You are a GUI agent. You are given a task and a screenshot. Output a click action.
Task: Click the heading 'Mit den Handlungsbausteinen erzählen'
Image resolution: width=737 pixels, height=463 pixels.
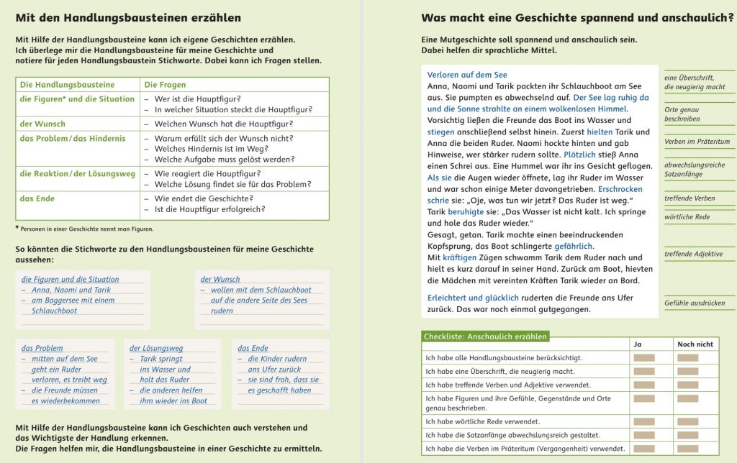click(x=128, y=18)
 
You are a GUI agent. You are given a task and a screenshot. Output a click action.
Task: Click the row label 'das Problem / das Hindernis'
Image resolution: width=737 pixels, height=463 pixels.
click(x=73, y=139)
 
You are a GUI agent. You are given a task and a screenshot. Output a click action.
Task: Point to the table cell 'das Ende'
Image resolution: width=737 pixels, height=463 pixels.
click(x=37, y=198)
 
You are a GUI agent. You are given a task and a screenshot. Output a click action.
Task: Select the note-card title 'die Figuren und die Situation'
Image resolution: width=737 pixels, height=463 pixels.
click(x=71, y=279)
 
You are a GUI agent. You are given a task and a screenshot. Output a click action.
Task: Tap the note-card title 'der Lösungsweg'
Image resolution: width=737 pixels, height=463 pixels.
click(x=156, y=348)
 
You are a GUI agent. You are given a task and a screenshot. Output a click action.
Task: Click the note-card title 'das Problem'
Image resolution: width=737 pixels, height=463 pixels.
click(x=42, y=348)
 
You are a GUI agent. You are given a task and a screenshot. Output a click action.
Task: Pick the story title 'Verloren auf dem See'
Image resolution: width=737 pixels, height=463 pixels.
click(x=467, y=75)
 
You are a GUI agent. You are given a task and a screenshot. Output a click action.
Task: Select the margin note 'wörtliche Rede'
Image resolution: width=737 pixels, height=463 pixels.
click(x=687, y=216)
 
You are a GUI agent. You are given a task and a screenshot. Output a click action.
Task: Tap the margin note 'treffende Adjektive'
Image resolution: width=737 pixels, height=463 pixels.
click(x=694, y=254)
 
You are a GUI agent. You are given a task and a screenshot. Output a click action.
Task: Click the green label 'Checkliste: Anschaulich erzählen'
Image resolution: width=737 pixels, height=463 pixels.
click(x=485, y=336)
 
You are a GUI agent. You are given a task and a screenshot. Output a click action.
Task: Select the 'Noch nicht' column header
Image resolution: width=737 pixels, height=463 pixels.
click(x=695, y=344)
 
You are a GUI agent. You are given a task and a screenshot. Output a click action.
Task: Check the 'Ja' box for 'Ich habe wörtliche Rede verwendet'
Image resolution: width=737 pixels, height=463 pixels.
click(x=644, y=421)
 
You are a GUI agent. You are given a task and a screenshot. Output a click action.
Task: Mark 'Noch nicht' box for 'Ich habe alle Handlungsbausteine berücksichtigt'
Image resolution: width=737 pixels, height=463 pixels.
click(x=688, y=357)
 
